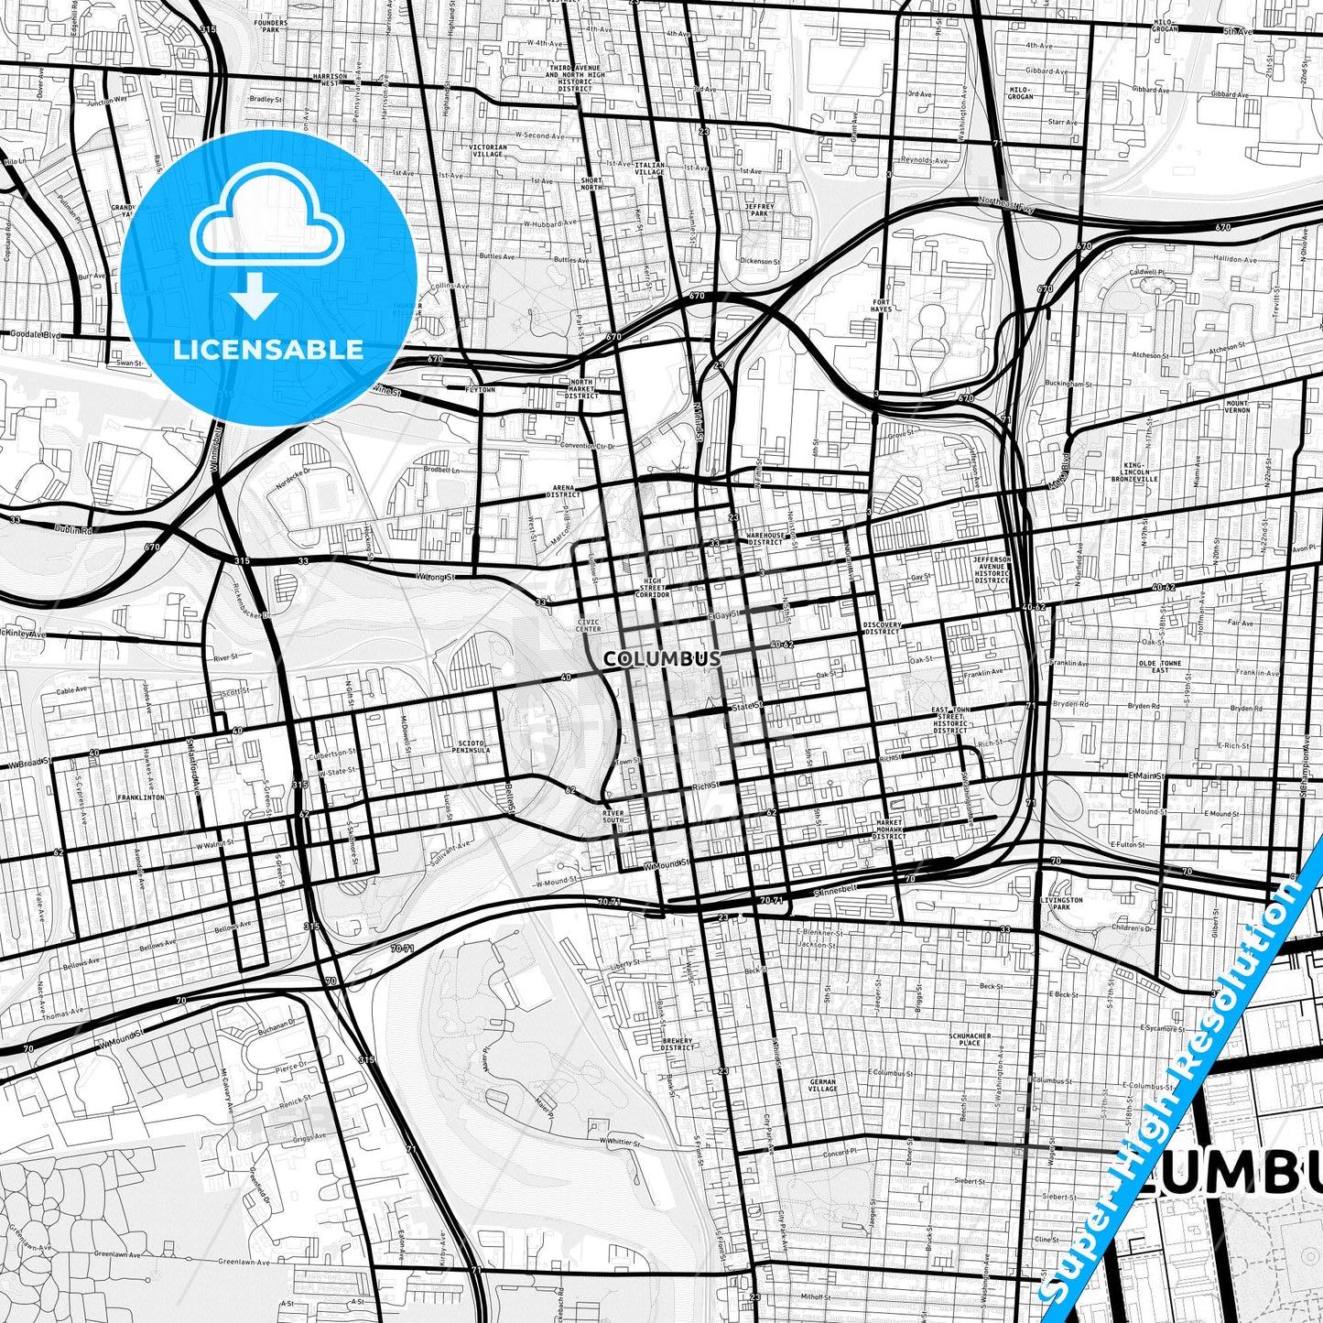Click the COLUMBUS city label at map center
[x=662, y=658]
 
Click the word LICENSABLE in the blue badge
[x=268, y=349]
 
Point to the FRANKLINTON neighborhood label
[x=140, y=797]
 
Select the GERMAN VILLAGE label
[x=822, y=1085]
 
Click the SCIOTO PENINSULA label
[x=476, y=745]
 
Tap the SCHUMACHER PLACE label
[x=964, y=1038]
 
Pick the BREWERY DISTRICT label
[x=678, y=1044]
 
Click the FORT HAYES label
[x=881, y=306]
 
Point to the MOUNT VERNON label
[x=1237, y=406]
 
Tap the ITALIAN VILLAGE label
[x=650, y=168]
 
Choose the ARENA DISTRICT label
[x=563, y=492]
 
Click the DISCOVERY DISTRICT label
[x=882, y=628]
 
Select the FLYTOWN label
[x=479, y=390]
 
